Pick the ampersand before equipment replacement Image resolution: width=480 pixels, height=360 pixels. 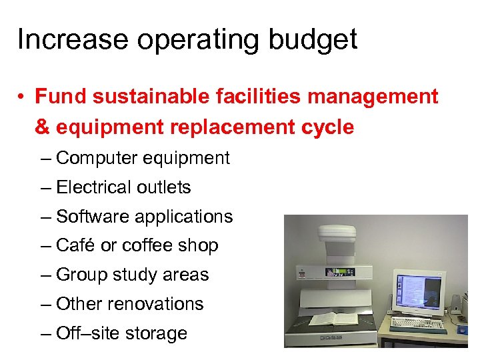tap(42, 127)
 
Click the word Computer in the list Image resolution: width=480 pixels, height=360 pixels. tap(97, 158)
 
